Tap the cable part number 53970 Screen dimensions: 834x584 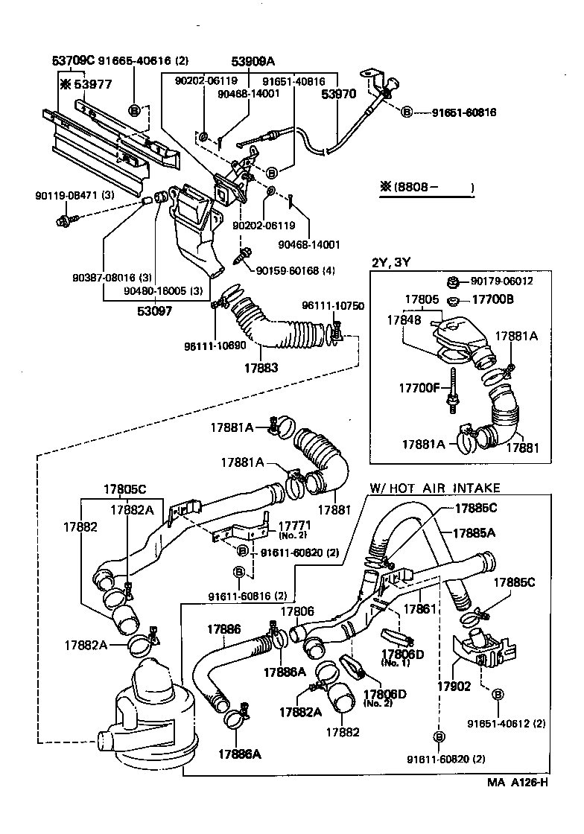tap(338, 95)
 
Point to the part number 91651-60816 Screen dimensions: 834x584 tap(464, 112)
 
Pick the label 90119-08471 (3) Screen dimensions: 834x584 tap(74, 195)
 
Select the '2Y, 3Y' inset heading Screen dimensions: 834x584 tap(393, 261)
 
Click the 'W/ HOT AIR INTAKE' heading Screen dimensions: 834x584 tap(435, 488)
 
